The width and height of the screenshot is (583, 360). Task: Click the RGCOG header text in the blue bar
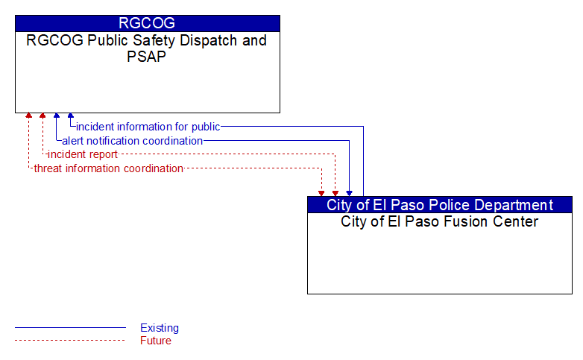coord(147,23)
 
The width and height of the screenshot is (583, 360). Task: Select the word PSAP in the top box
coord(146,57)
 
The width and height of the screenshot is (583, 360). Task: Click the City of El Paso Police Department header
coord(440,205)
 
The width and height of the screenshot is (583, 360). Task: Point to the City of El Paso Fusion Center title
coord(439,221)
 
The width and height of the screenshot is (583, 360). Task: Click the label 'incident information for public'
coord(148,127)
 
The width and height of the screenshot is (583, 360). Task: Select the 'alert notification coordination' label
coord(133,141)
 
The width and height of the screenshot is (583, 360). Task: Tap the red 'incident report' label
coord(83,154)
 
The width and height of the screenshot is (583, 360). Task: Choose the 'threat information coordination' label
coord(109,168)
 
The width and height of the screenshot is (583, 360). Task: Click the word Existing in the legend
coord(160,328)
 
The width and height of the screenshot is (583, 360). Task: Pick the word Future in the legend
coord(156,341)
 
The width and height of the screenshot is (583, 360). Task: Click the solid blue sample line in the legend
coord(70,328)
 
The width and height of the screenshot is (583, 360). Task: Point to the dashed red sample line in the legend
coord(70,340)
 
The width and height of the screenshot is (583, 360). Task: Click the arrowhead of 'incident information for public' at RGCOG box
coord(71,116)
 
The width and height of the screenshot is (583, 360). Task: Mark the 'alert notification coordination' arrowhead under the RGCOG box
coord(57,116)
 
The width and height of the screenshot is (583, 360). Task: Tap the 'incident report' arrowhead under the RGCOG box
coord(42,116)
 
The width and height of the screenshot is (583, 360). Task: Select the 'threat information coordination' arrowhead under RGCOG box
coord(28,116)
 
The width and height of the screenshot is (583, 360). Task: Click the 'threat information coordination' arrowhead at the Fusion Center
coord(321,193)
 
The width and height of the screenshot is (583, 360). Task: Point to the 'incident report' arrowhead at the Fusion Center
coord(335,193)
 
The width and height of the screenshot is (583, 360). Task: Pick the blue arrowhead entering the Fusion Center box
coord(349,193)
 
